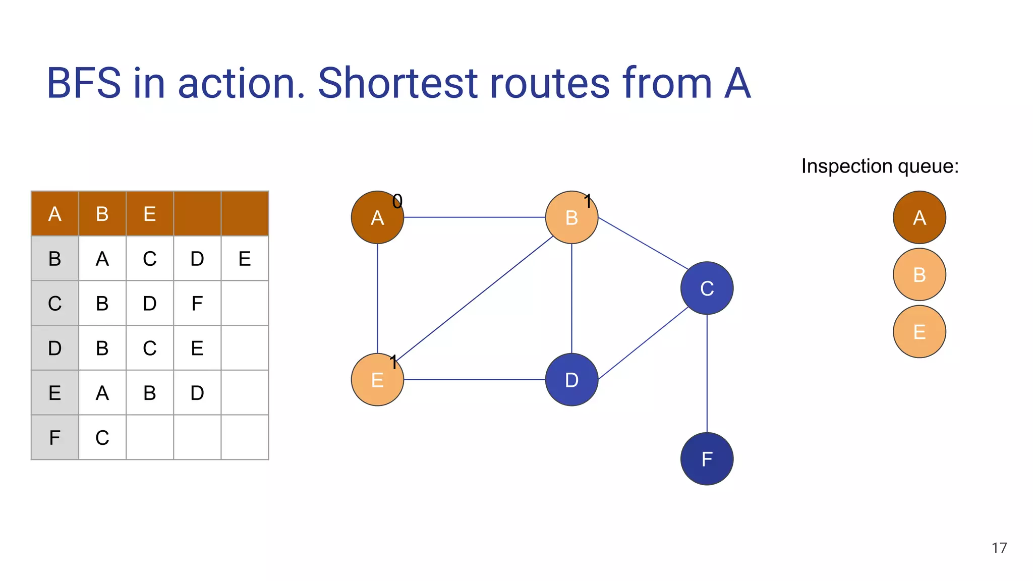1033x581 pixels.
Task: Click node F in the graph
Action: click(x=707, y=458)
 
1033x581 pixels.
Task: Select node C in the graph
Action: click(x=707, y=288)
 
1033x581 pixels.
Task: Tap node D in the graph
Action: click(x=571, y=379)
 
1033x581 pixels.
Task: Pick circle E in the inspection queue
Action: click(x=919, y=331)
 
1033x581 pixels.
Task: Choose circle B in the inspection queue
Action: click(x=919, y=274)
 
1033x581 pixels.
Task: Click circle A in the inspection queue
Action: click(x=919, y=217)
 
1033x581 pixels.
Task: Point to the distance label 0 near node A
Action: click(x=397, y=201)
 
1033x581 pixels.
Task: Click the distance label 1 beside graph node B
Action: click(x=588, y=201)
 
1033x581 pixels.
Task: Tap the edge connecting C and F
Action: click(x=707, y=373)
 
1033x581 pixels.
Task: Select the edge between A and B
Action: click(x=474, y=217)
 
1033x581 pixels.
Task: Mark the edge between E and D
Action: click(x=474, y=379)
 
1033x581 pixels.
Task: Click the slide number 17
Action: click(x=999, y=548)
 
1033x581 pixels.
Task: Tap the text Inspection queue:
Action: click(x=880, y=166)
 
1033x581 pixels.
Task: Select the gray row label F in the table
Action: click(x=54, y=437)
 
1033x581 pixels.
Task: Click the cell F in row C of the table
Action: click(x=197, y=303)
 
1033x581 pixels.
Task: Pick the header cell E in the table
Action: click(x=149, y=214)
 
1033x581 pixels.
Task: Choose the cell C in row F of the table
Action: click(x=102, y=437)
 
